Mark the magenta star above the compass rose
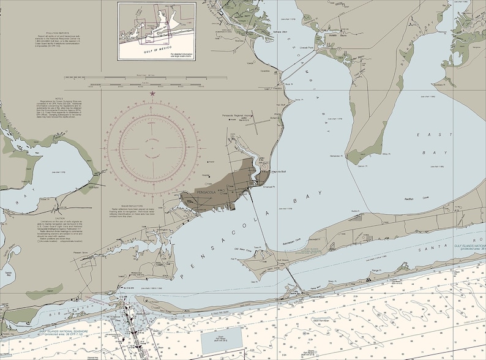tap(152, 93)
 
